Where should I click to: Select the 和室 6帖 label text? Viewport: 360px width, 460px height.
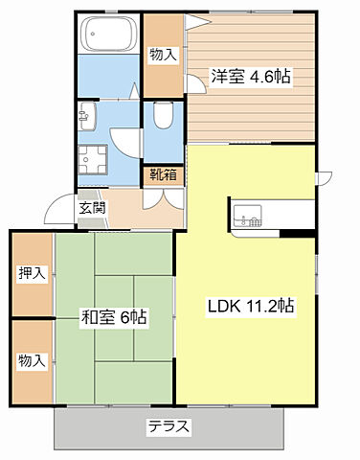point(113,316)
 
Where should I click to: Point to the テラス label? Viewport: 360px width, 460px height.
point(169,426)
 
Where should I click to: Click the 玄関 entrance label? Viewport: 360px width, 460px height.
point(92,209)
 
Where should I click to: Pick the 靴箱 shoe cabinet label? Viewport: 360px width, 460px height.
point(163,175)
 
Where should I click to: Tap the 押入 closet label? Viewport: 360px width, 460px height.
point(32,274)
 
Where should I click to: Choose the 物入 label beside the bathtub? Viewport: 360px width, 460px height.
point(162,55)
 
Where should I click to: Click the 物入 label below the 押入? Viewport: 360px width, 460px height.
point(32,360)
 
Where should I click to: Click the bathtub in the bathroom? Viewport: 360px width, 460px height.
point(107,35)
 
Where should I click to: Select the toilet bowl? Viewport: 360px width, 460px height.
point(162,119)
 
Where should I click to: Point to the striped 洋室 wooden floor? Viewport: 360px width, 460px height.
point(254,105)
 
